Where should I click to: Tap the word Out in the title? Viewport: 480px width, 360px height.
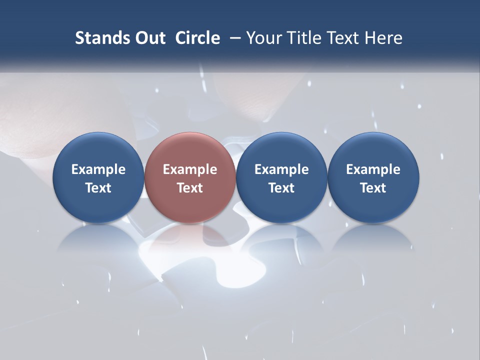[148, 38]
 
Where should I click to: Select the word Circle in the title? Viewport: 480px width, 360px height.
[197, 38]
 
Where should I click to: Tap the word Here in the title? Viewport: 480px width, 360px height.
[383, 38]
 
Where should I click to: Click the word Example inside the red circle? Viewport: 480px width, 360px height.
[190, 169]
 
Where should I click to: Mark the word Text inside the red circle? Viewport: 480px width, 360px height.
[190, 188]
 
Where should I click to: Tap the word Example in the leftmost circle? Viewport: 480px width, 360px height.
[98, 169]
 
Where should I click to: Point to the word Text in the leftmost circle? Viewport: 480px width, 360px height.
[98, 188]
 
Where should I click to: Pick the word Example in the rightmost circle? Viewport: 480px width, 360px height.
[373, 169]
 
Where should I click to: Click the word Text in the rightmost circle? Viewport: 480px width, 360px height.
[373, 188]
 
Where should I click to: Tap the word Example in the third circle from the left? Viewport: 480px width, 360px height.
[281, 169]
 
